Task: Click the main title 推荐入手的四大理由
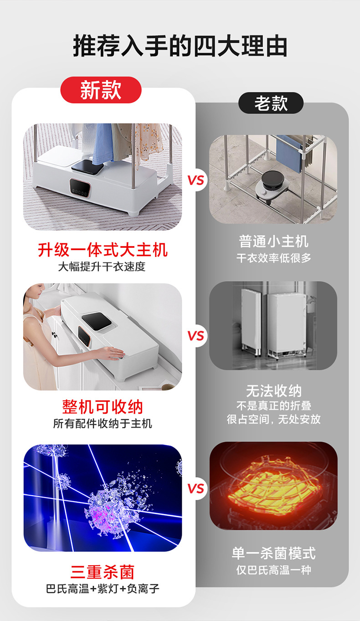[x=180, y=46]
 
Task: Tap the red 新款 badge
[x=101, y=89]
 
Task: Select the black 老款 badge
[x=271, y=103]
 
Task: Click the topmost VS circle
[x=196, y=180]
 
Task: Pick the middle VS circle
[x=196, y=336]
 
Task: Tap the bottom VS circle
[x=196, y=489]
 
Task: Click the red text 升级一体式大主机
[x=103, y=250]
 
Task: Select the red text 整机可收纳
[x=103, y=406]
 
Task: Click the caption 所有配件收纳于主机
[x=103, y=424]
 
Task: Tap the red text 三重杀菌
[x=103, y=571]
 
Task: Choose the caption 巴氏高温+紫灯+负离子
[x=103, y=589]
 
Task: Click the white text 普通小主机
[x=273, y=241]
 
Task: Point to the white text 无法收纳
[x=273, y=391]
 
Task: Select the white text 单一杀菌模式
[x=273, y=553]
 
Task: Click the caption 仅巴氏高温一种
[x=273, y=570]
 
